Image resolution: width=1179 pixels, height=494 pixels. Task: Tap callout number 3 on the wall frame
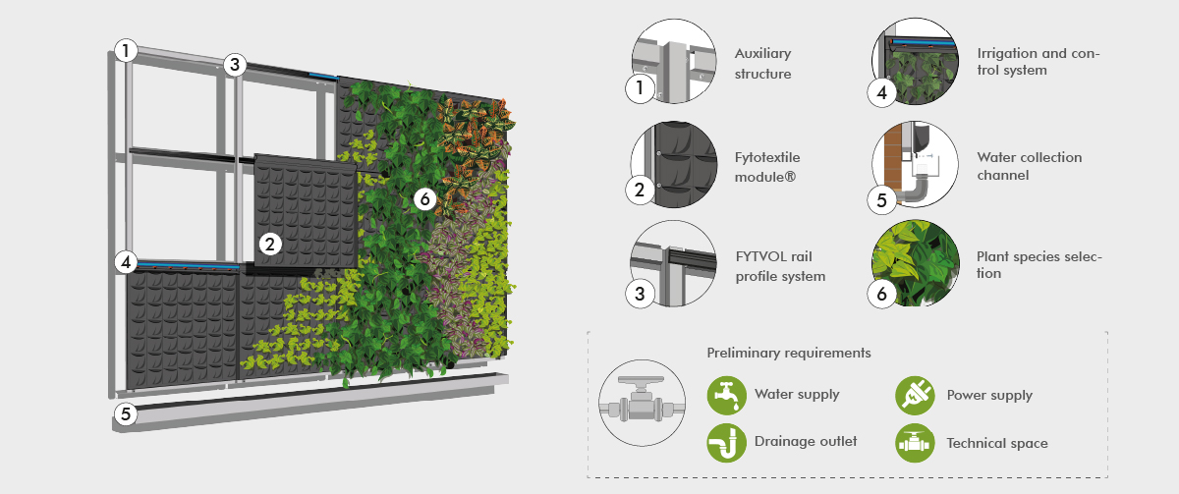point(233,65)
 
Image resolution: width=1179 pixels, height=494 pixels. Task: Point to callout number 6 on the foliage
point(424,198)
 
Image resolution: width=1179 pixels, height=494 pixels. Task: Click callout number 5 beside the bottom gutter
point(125,413)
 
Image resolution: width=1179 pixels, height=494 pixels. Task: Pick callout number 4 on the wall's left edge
point(125,262)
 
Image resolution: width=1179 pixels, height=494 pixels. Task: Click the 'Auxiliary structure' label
point(762,64)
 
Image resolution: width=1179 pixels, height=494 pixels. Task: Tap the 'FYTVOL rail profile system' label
point(780,267)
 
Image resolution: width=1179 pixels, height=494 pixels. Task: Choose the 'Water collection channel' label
point(1029,166)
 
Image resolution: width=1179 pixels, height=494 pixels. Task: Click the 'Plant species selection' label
point(1039,264)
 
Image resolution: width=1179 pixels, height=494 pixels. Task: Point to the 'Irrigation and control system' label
point(1038,62)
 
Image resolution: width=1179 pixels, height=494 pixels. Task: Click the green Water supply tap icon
point(726,395)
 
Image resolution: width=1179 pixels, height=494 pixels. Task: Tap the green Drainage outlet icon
point(726,442)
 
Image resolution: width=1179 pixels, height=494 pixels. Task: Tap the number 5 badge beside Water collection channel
point(881,199)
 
